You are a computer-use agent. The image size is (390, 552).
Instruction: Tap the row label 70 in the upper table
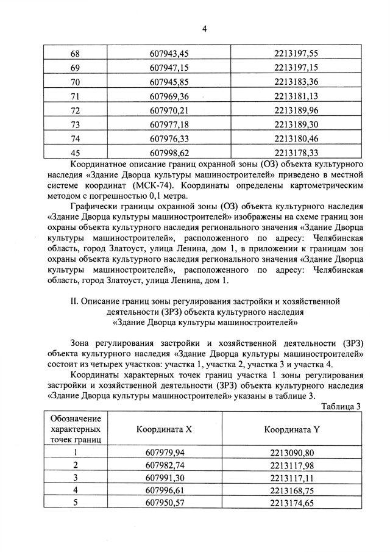76,82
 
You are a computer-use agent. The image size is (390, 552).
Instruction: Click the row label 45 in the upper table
76,152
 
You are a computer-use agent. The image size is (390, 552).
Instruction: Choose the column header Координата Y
292,429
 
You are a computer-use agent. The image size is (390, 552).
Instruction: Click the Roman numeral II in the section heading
75,301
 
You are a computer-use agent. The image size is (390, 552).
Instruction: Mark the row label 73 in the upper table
76,124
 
